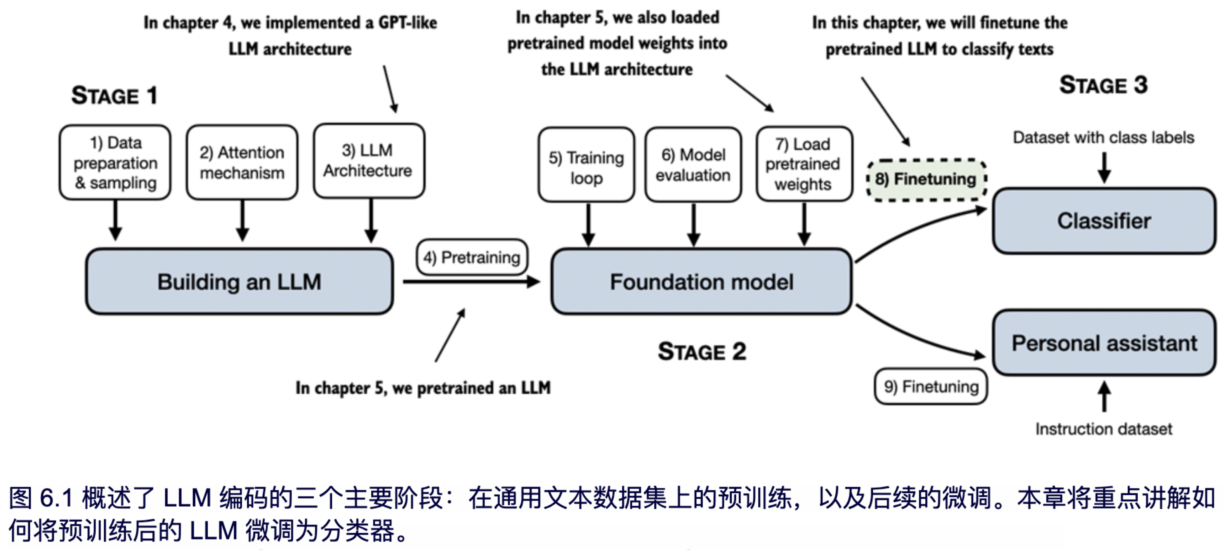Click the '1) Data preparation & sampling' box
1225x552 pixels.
[x=115, y=163]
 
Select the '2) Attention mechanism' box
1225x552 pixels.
[x=242, y=163]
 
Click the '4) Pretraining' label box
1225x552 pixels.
[x=472, y=257]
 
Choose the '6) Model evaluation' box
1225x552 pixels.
[x=693, y=165]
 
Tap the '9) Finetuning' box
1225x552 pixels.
[x=931, y=387]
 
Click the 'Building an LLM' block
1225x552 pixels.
[x=239, y=281]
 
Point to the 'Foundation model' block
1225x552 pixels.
[x=701, y=281]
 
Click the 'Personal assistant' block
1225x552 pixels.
[x=1104, y=343]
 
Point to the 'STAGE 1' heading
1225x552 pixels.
[x=114, y=95]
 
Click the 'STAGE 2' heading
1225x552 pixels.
[x=702, y=352]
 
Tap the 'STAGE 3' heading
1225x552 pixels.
[x=1103, y=85]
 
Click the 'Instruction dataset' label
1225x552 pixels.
[x=1104, y=429]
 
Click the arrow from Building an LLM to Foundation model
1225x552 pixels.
[x=471, y=282]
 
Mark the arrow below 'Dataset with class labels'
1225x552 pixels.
[x=1104, y=168]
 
